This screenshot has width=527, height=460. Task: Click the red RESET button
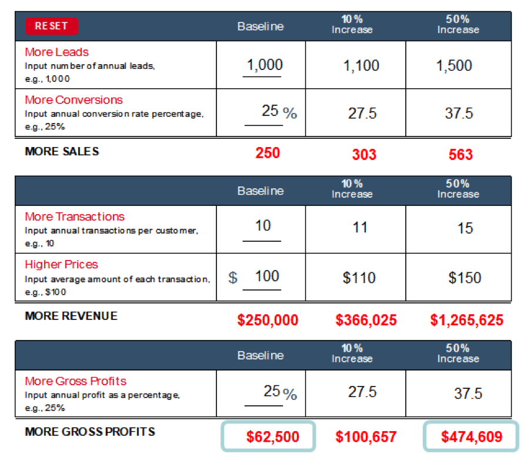pyautogui.click(x=52, y=26)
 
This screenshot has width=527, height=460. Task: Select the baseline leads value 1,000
pyautogui.click(x=265, y=65)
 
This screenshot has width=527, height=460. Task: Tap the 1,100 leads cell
pyautogui.click(x=361, y=65)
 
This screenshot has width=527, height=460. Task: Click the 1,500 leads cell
pyautogui.click(x=454, y=65)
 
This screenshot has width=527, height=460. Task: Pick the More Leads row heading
pyautogui.click(x=57, y=52)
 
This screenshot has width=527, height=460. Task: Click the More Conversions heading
pyautogui.click(x=74, y=100)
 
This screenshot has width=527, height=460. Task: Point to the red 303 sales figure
pyautogui.click(x=364, y=155)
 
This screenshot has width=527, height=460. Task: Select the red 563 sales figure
pyautogui.click(x=461, y=155)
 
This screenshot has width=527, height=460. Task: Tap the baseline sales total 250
pyautogui.click(x=268, y=153)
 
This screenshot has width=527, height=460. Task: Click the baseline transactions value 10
pyautogui.click(x=263, y=226)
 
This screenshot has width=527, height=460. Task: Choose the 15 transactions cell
pyautogui.click(x=465, y=228)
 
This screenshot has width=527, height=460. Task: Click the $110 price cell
pyautogui.click(x=359, y=278)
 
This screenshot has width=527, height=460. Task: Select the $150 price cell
pyautogui.click(x=465, y=278)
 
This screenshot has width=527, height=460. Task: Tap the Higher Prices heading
pyautogui.click(x=62, y=264)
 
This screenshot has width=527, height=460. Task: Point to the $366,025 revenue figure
pyautogui.click(x=366, y=320)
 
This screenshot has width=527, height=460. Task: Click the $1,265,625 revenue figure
pyautogui.click(x=467, y=320)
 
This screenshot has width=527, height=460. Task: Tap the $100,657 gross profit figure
pyautogui.click(x=366, y=437)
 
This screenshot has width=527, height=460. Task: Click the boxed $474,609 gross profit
pyautogui.click(x=471, y=436)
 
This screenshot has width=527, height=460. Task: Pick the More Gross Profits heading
pyautogui.click(x=76, y=381)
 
